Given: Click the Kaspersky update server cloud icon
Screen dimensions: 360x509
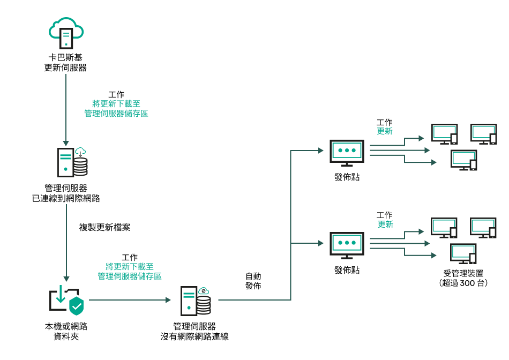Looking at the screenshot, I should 66,33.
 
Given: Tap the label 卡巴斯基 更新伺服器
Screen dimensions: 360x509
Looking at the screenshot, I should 65,63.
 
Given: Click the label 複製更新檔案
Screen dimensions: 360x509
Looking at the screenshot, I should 105,227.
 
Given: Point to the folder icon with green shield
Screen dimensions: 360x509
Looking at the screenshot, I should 66,300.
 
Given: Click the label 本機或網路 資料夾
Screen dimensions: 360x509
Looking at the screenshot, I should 66,331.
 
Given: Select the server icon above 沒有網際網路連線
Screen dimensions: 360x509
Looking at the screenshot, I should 195,301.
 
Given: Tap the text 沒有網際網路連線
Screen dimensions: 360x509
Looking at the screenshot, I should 194,336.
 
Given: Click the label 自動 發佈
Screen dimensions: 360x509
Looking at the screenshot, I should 253,281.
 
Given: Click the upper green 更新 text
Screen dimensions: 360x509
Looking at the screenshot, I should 385,131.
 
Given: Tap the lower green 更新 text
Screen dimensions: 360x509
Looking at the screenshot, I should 385,224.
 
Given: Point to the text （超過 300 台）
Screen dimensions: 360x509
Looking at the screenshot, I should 463,283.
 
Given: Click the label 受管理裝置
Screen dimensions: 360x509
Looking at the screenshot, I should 463,273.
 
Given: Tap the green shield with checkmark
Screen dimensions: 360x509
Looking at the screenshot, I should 77,306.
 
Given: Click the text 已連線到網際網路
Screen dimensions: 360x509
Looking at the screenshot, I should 66,198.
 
